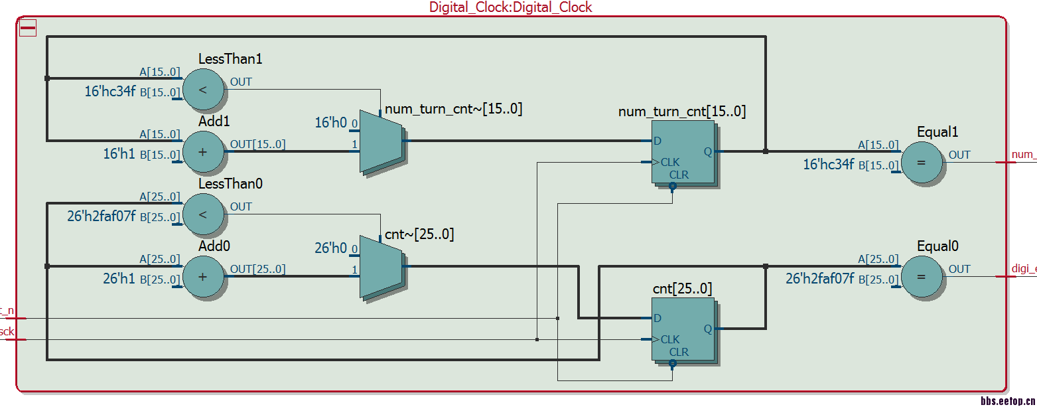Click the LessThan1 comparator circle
(203, 89)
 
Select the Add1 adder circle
(203, 151)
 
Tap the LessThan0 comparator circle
(203, 214)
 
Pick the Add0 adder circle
(203, 276)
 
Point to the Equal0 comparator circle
(921, 276)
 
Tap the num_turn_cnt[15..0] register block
(683, 153)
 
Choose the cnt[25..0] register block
(683, 329)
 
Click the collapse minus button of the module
(28, 28)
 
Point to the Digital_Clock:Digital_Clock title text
(510, 7)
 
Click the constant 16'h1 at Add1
(119, 154)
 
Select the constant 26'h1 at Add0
(119, 279)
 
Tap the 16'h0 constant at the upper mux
(330, 123)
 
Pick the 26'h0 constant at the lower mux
(330, 248)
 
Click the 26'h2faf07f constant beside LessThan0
(102, 216)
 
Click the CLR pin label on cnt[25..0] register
(679, 352)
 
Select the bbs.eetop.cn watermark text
(1008, 402)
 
